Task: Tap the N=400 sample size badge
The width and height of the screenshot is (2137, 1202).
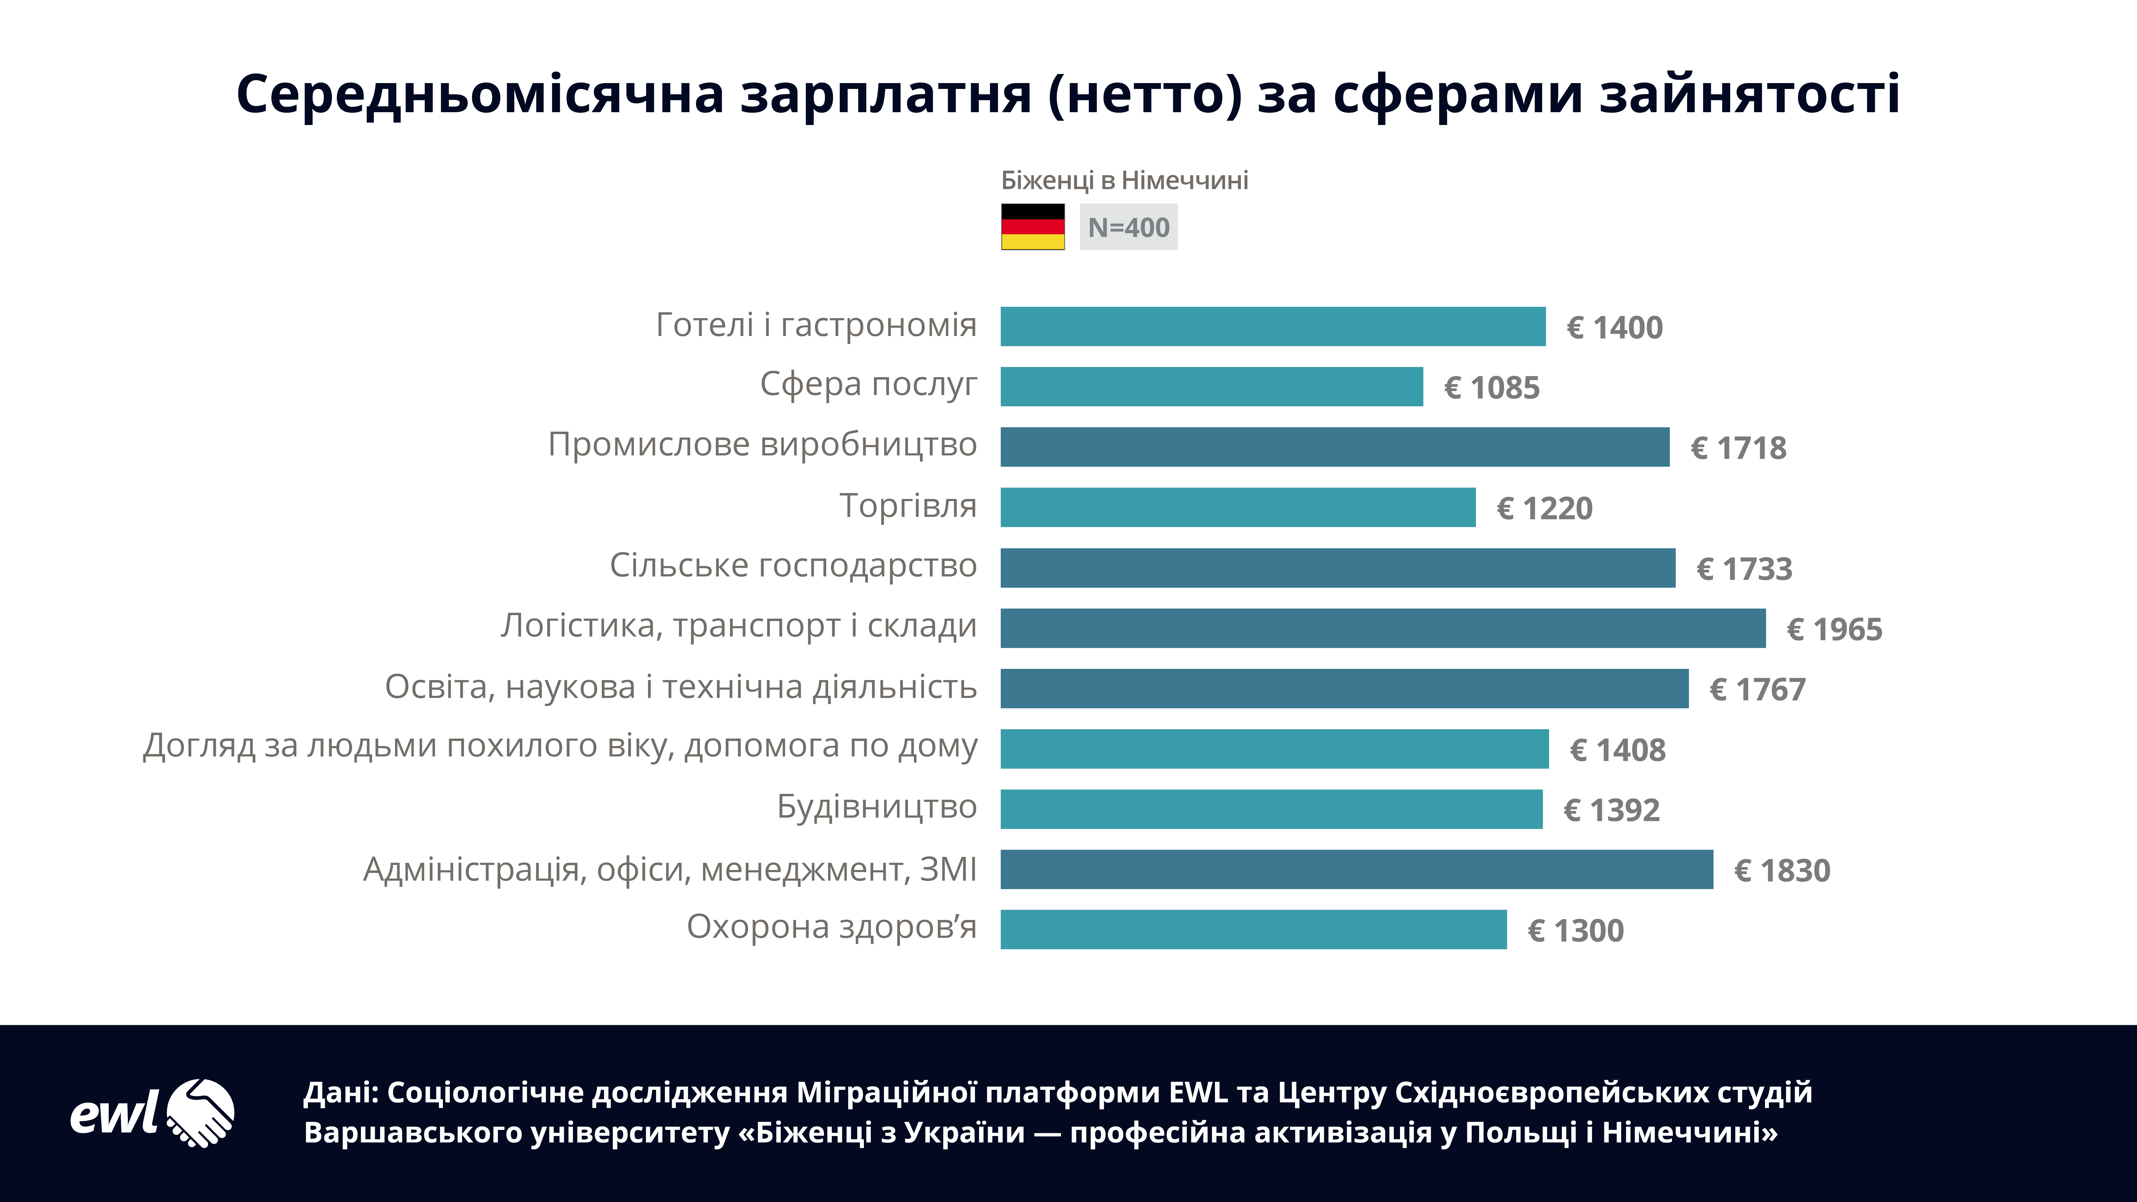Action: [x=1128, y=227]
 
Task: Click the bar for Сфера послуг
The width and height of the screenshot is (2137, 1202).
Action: [x=1211, y=387]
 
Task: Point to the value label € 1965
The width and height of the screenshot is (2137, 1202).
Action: [x=1834, y=630]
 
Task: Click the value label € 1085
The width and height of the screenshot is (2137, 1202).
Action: [x=1492, y=387]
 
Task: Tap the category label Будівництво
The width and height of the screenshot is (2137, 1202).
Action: [x=877, y=806]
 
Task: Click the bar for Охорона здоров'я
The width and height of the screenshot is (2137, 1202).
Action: [x=1253, y=929]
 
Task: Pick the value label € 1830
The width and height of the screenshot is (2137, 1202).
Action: [x=1782, y=870]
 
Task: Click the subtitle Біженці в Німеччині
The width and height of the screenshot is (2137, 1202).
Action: [x=1124, y=180]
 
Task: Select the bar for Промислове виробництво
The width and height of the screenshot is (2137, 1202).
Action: [x=1334, y=447]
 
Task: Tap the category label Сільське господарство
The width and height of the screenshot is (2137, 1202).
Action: [x=793, y=566]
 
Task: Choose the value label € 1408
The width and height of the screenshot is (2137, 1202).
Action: [x=1617, y=750]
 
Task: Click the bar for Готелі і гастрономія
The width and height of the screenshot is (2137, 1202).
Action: [x=1273, y=326]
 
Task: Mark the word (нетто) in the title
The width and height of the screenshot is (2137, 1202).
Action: [x=1145, y=94]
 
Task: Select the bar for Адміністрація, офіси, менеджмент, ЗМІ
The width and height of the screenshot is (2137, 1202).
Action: [x=1356, y=869]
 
